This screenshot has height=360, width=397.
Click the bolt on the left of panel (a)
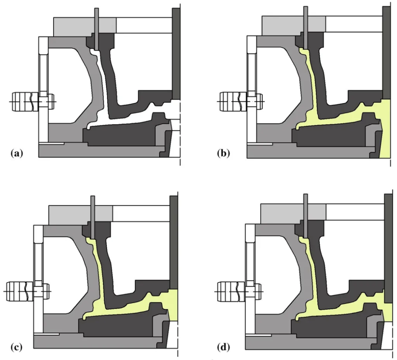coord(33,102)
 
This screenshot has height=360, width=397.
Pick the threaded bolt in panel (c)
coord(28,291)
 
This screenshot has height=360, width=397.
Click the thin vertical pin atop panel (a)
coord(97,29)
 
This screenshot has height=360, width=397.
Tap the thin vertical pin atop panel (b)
coord(306,28)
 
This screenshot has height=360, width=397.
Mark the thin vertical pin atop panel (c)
coord(93,217)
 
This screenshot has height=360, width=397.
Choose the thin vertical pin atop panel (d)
coord(306,216)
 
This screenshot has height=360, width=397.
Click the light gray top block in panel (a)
coord(85,27)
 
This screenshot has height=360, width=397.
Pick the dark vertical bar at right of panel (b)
coord(387,53)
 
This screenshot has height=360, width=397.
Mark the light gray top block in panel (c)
coord(81,215)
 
